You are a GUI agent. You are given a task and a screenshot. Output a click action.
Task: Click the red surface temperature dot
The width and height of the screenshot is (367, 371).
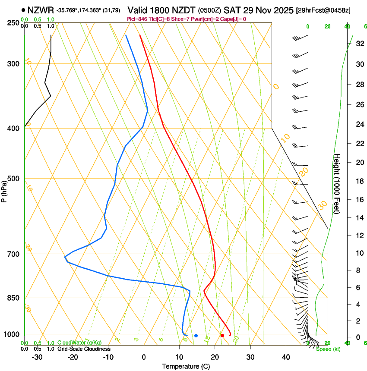pos(222,336)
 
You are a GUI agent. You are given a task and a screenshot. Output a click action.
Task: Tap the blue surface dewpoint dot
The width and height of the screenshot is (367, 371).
pos(196,336)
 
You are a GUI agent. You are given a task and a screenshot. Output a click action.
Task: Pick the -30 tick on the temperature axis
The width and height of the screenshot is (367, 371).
pos(37,357)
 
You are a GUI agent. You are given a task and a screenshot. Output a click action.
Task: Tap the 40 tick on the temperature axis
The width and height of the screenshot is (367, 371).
pos(286,357)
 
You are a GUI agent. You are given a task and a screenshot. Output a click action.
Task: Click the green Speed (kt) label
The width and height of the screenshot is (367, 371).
pos(328,349)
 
